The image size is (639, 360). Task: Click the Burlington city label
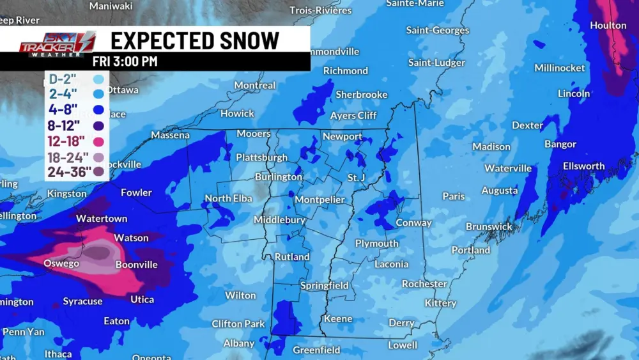(x=278, y=176)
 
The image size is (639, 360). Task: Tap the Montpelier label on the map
(x=319, y=200)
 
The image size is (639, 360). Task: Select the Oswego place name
(x=61, y=263)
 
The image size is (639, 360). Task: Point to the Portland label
(x=471, y=250)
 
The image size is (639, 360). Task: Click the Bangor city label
(x=560, y=144)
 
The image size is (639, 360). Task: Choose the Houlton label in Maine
(x=608, y=26)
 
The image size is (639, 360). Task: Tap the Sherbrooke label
(x=362, y=95)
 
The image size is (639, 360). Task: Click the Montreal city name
(x=255, y=85)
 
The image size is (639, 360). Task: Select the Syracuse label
(x=82, y=301)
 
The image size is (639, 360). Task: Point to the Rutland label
(x=292, y=257)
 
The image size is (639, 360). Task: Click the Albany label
(x=239, y=343)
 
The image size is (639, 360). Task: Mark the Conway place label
(x=414, y=223)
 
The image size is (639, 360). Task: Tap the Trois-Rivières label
(x=321, y=10)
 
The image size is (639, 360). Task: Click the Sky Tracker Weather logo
(x=58, y=45)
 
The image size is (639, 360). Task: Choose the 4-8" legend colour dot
(x=98, y=109)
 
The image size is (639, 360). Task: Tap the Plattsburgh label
(x=261, y=157)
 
